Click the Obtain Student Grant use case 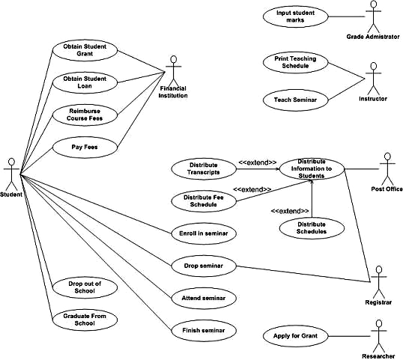85,50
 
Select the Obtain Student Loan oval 85,82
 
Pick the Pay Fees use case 85,147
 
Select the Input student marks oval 295,16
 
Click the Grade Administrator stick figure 372,16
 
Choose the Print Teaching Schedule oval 295,61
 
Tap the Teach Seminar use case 294,98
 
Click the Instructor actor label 372,97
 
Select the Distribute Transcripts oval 204,168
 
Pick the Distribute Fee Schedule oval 204,201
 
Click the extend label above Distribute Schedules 290,210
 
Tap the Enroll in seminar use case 204,234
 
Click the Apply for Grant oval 295,337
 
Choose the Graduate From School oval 85,320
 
